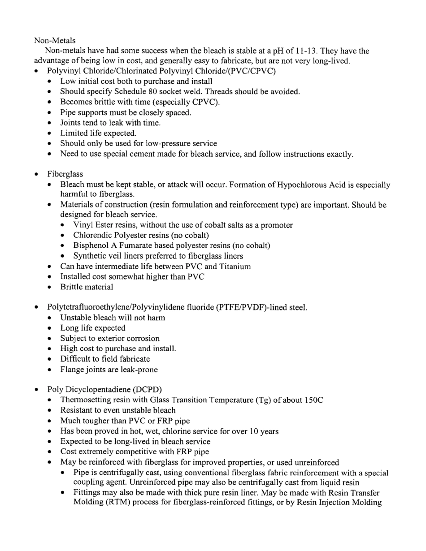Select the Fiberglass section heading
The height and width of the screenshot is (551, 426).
[x=65, y=174]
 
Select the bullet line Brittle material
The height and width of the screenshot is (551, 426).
[x=87, y=287]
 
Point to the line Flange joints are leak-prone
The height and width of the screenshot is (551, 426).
[x=109, y=370]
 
